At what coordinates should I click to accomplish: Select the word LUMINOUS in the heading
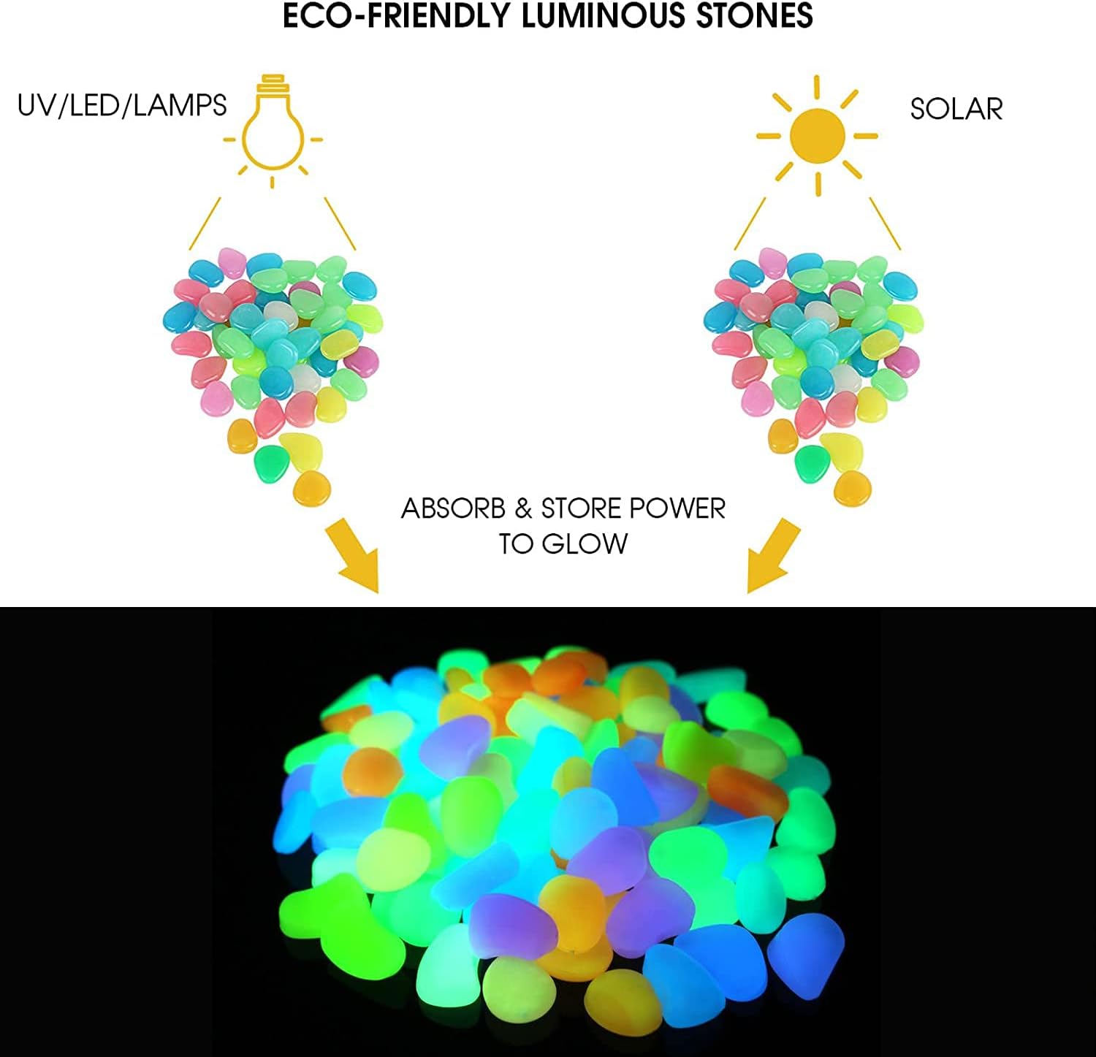602,16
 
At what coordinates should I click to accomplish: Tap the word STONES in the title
752,16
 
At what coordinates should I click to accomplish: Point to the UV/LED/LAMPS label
122,106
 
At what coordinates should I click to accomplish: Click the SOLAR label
956,110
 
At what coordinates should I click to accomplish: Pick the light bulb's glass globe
273,131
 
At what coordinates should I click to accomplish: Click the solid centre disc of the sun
817,135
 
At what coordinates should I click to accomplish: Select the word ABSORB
453,508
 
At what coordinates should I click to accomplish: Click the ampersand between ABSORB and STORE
522,508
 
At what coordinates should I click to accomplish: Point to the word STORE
582,508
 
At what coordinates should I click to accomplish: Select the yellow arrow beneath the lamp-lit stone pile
353,555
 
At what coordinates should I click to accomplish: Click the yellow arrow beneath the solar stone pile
773,555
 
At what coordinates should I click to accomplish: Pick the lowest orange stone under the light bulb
312,488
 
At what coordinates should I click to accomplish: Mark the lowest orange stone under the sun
852,488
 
